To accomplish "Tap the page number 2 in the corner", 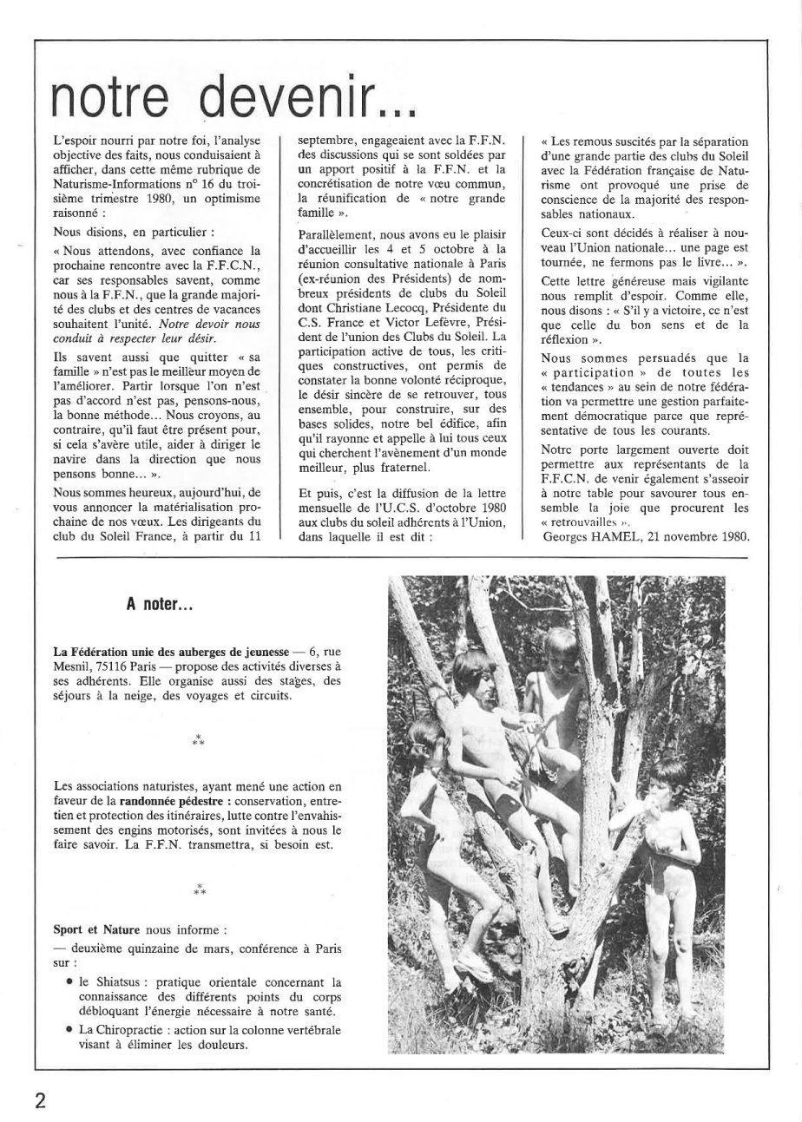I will (41, 1101).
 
